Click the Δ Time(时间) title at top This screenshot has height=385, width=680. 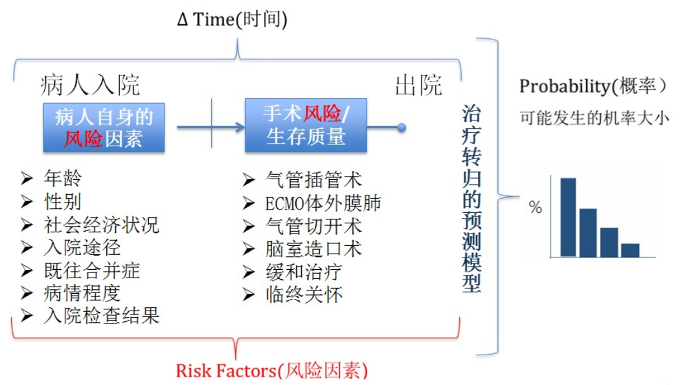coord(232,19)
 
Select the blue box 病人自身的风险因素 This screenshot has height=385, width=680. coord(104,127)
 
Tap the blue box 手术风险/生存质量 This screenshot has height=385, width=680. coord(306,126)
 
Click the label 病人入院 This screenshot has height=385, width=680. coord(90,85)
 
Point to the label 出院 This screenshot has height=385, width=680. coord(418,85)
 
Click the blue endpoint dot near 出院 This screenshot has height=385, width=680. coord(402,127)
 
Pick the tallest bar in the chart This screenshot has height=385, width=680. coord(568,217)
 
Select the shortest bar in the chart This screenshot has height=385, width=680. coord(630,250)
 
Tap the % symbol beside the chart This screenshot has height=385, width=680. coord(536,207)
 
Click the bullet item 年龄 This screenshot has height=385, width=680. coord(63,178)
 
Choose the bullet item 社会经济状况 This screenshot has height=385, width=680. coord(102,225)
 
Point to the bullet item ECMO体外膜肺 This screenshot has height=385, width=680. coord(323,203)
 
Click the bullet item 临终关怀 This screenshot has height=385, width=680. coord(304,295)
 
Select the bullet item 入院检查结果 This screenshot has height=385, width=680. coord(102,316)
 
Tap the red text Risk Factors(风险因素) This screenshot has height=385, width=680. coord(272,371)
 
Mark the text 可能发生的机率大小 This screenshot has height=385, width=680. coord(594,117)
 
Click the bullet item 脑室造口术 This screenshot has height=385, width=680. coord(313,249)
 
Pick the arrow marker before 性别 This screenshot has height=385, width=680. coord(27,202)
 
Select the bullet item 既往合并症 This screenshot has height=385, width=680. coord(92,270)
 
